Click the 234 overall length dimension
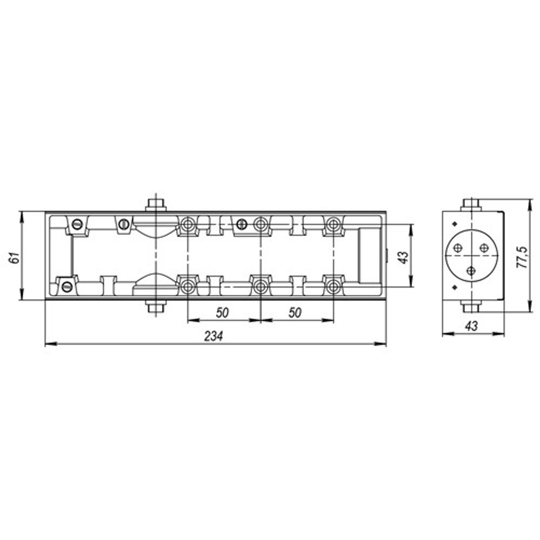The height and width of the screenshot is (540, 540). coord(213,336)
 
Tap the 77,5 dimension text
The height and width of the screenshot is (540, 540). coord(522,257)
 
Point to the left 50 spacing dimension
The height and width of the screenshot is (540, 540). coord(222,312)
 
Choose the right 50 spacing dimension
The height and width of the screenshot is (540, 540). coord(295,312)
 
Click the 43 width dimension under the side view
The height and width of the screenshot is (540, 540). coord(471,326)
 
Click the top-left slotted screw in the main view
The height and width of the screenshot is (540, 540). coord(77,225)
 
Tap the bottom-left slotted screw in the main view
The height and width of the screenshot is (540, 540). coord(67,286)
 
